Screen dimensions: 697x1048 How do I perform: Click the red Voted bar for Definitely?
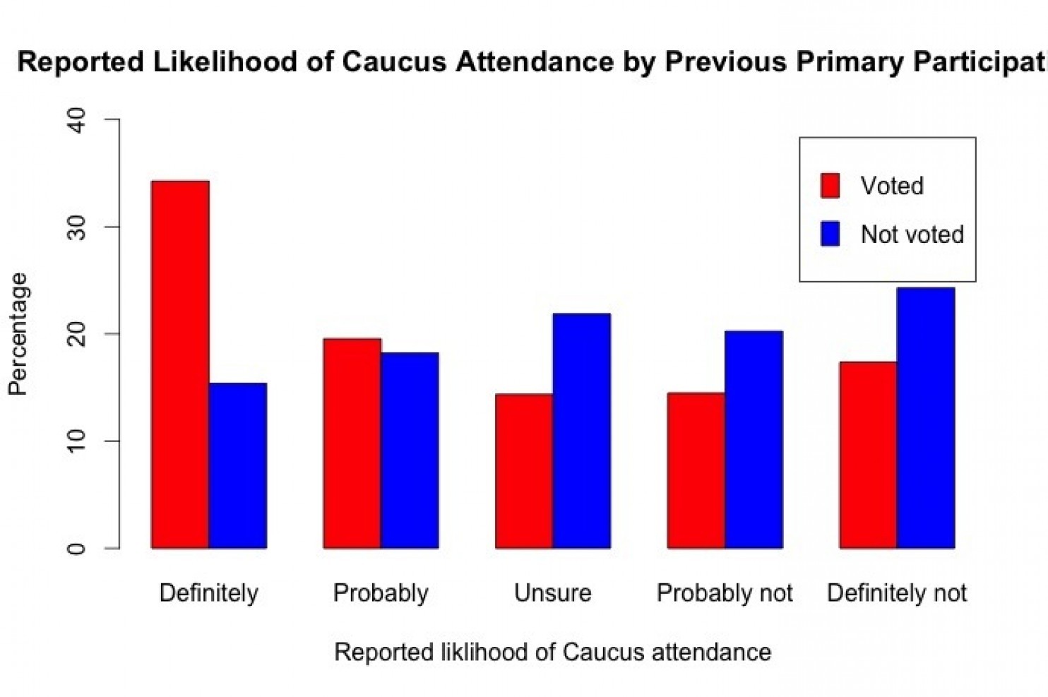coord(180,364)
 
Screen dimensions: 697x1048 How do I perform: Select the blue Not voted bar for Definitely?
coord(238,465)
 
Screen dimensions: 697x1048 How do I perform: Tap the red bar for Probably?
coord(352,443)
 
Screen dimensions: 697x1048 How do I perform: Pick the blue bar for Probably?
coord(410,451)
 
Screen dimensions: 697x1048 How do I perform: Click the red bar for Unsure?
coord(524,471)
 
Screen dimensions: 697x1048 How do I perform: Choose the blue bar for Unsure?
coord(582,431)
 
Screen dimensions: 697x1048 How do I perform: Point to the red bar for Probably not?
coord(696,470)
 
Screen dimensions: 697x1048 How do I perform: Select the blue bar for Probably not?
coord(754,439)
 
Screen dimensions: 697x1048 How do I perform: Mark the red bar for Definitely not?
coord(868,455)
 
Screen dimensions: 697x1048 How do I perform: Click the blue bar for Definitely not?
coord(926,418)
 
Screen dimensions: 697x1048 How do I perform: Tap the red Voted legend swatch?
coord(830,186)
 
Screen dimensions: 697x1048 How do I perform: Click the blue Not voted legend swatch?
coord(830,234)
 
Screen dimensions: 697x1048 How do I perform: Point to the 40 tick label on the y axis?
coord(77,120)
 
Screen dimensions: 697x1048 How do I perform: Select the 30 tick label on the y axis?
coord(77,227)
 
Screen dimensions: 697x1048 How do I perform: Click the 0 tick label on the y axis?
coord(77,548)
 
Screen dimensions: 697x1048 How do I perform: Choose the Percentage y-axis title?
coord(18,334)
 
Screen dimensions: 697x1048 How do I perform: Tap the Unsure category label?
coord(552,592)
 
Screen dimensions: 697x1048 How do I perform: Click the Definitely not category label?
coord(896,592)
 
